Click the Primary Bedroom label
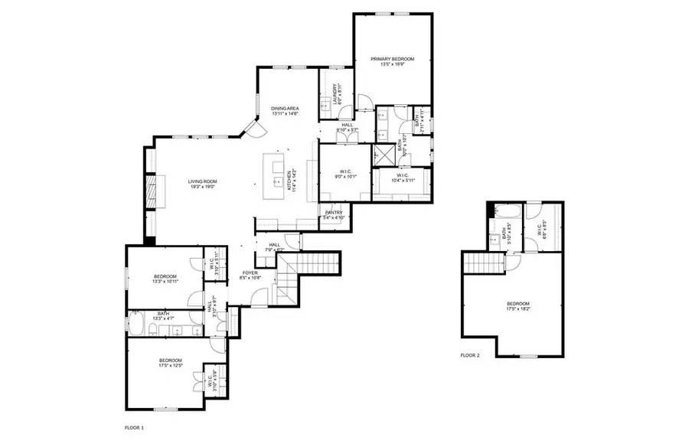[392, 61]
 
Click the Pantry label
[334, 215]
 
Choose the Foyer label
[251, 275]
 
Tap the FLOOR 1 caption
[134, 427]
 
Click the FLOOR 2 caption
[469, 355]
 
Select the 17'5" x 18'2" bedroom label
[518, 309]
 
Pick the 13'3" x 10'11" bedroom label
[165, 279]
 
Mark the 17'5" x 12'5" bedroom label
[170, 363]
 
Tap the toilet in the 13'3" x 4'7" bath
[154, 330]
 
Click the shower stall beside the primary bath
[380, 155]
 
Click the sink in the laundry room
[325, 106]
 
